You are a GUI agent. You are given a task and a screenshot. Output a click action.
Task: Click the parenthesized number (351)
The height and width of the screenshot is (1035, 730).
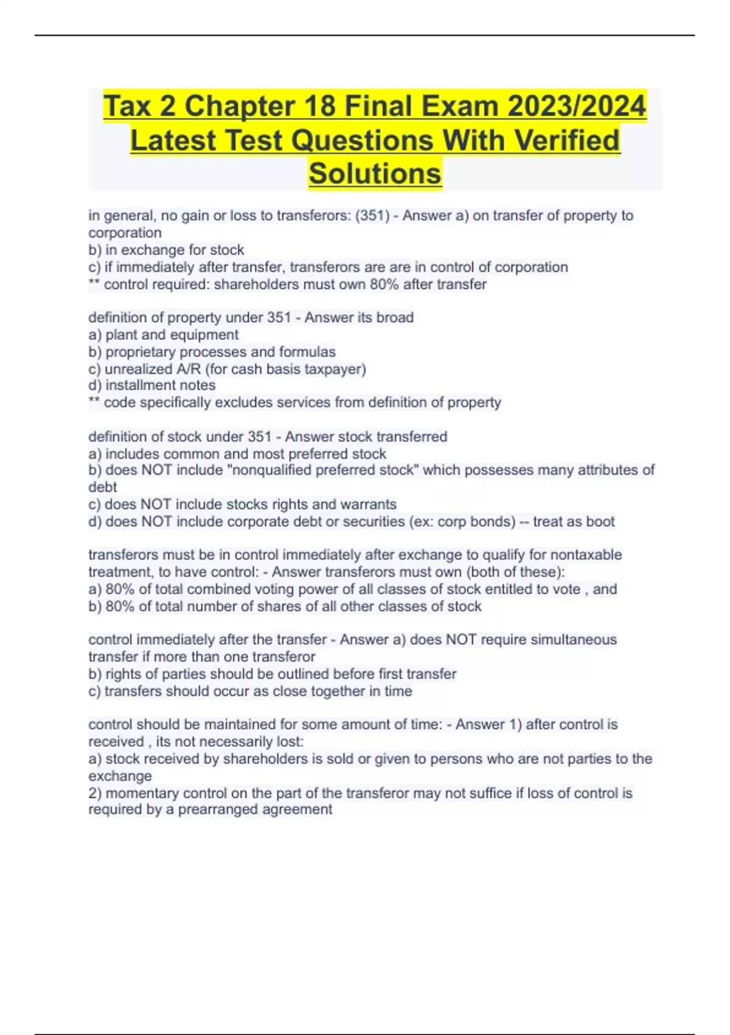click(372, 216)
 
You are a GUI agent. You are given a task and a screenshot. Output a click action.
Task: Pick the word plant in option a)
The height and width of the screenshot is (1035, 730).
click(121, 335)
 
